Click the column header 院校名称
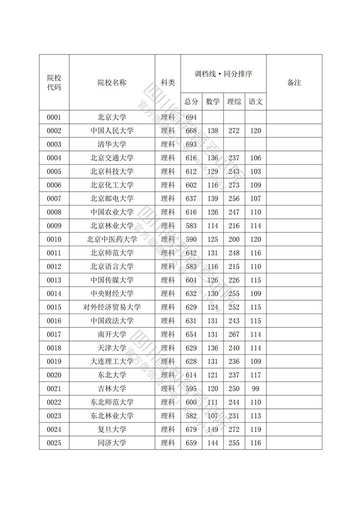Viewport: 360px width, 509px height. tap(112, 83)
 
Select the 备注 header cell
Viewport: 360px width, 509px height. tap(294, 83)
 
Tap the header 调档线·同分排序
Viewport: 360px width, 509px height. tap(223, 74)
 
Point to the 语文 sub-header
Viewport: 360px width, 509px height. tap(256, 101)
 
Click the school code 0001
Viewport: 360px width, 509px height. tap(54, 117)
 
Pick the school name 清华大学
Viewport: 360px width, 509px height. tap(112, 144)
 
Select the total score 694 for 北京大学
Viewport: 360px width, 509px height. tap(191, 117)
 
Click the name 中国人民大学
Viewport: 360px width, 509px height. tap(112, 131)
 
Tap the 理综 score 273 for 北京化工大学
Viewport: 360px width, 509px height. tap(234, 185)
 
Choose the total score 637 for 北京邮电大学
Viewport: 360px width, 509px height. tap(191, 199)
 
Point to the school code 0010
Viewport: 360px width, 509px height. tap(54, 239)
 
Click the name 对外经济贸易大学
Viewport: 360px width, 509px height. tap(112, 307)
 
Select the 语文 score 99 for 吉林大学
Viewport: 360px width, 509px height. tap(256, 389)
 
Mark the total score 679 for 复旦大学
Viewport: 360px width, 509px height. tap(191, 430)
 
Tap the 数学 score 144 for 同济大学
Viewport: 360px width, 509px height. tap(212, 443)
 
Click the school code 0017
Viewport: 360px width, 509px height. tap(54, 334)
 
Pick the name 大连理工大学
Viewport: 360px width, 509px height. tap(112, 361)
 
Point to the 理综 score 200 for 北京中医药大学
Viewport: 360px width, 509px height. tap(234, 239)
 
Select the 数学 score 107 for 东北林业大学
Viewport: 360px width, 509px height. tap(212, 416)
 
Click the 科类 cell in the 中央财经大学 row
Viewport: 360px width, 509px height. tap(168, 293)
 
